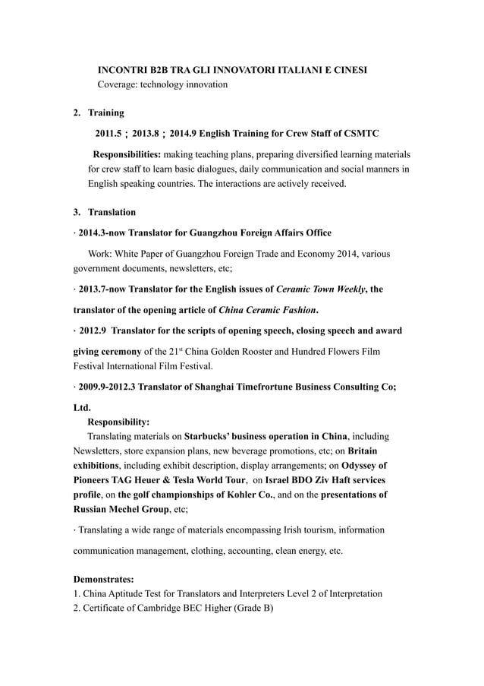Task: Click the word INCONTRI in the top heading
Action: [x=124, y=70]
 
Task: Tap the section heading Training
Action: [x=106, y=113]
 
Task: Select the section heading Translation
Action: [x=112, y=212]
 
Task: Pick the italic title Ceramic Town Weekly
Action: [x=322, y=289]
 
